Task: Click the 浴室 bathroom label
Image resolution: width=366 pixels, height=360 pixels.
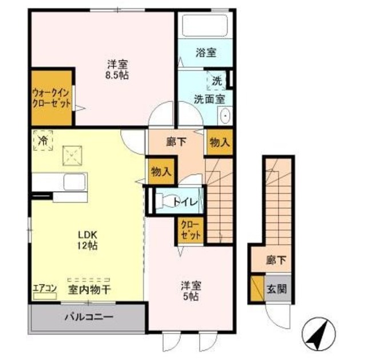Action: (x=206, y=53)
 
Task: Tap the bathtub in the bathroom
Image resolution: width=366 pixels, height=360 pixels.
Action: (x=205, y=25)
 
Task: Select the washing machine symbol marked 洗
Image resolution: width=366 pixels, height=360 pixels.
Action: (x=217, y=81)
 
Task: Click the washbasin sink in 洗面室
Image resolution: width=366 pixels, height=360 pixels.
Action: (x=225, y=116)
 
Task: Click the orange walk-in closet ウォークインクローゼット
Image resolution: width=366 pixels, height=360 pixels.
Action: (x=51, y=98)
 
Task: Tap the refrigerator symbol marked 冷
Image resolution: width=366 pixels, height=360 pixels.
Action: (x=43, y=140)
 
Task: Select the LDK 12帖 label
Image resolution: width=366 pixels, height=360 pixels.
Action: (x=87, y=240)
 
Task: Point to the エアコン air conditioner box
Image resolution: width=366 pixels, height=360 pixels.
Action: (x=45, y=296)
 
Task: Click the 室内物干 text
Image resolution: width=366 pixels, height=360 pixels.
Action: (x=89, y=290)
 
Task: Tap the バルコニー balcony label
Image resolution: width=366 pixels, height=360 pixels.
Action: (x=89, y=317)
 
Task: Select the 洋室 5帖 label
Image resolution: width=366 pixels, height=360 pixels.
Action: (x=191, y=291)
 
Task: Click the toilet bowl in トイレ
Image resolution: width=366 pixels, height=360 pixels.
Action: (x=166, y=200)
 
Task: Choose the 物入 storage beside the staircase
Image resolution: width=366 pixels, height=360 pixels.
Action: (x=220, y=143)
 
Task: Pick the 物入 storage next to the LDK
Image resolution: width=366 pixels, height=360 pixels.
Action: (x=161, y=172)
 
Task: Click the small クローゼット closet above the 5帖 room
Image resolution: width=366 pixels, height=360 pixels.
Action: (x=190, y=230)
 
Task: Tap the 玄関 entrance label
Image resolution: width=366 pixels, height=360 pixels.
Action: (x=277, y=289)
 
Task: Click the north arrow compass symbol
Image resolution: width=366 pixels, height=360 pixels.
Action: (x=319, y=334)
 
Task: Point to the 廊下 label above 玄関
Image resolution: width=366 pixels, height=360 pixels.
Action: (x=276, y=260)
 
